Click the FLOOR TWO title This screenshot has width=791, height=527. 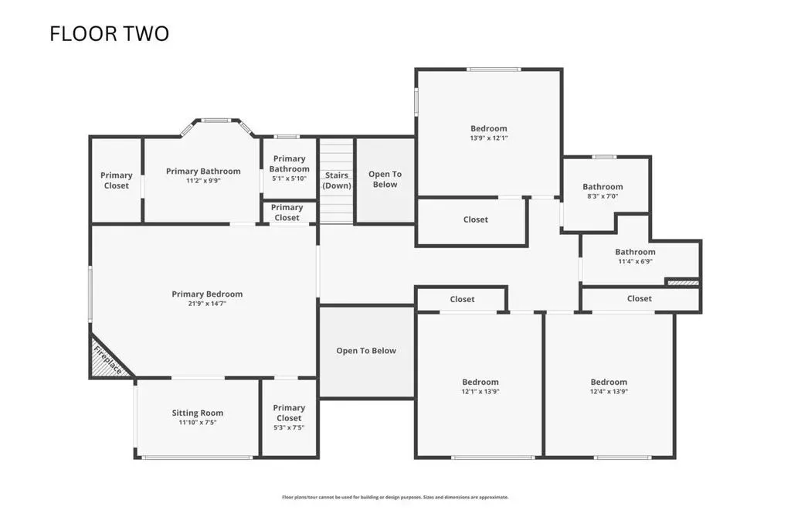109,34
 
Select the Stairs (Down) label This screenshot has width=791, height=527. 337,180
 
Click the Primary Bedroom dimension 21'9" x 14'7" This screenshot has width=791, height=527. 207,304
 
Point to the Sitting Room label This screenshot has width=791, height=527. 197,413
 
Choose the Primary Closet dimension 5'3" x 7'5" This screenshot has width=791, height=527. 289,427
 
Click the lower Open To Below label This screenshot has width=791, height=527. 366,351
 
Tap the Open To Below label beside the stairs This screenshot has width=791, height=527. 385,179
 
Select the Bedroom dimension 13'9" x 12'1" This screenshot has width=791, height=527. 489,138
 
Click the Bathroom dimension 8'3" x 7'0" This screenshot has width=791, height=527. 603,196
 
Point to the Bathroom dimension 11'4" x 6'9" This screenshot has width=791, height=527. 635,261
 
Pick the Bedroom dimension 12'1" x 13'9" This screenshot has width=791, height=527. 480,391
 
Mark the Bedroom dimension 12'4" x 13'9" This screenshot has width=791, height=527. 609,391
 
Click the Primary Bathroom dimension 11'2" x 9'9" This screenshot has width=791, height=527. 203,180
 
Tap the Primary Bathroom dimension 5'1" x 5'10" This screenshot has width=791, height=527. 289,178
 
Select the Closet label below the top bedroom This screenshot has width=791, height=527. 476,219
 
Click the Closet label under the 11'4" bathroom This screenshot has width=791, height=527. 639,298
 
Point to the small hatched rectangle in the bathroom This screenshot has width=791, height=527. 683,283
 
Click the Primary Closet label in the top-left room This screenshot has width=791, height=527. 116,180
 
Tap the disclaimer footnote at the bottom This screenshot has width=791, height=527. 395,497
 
